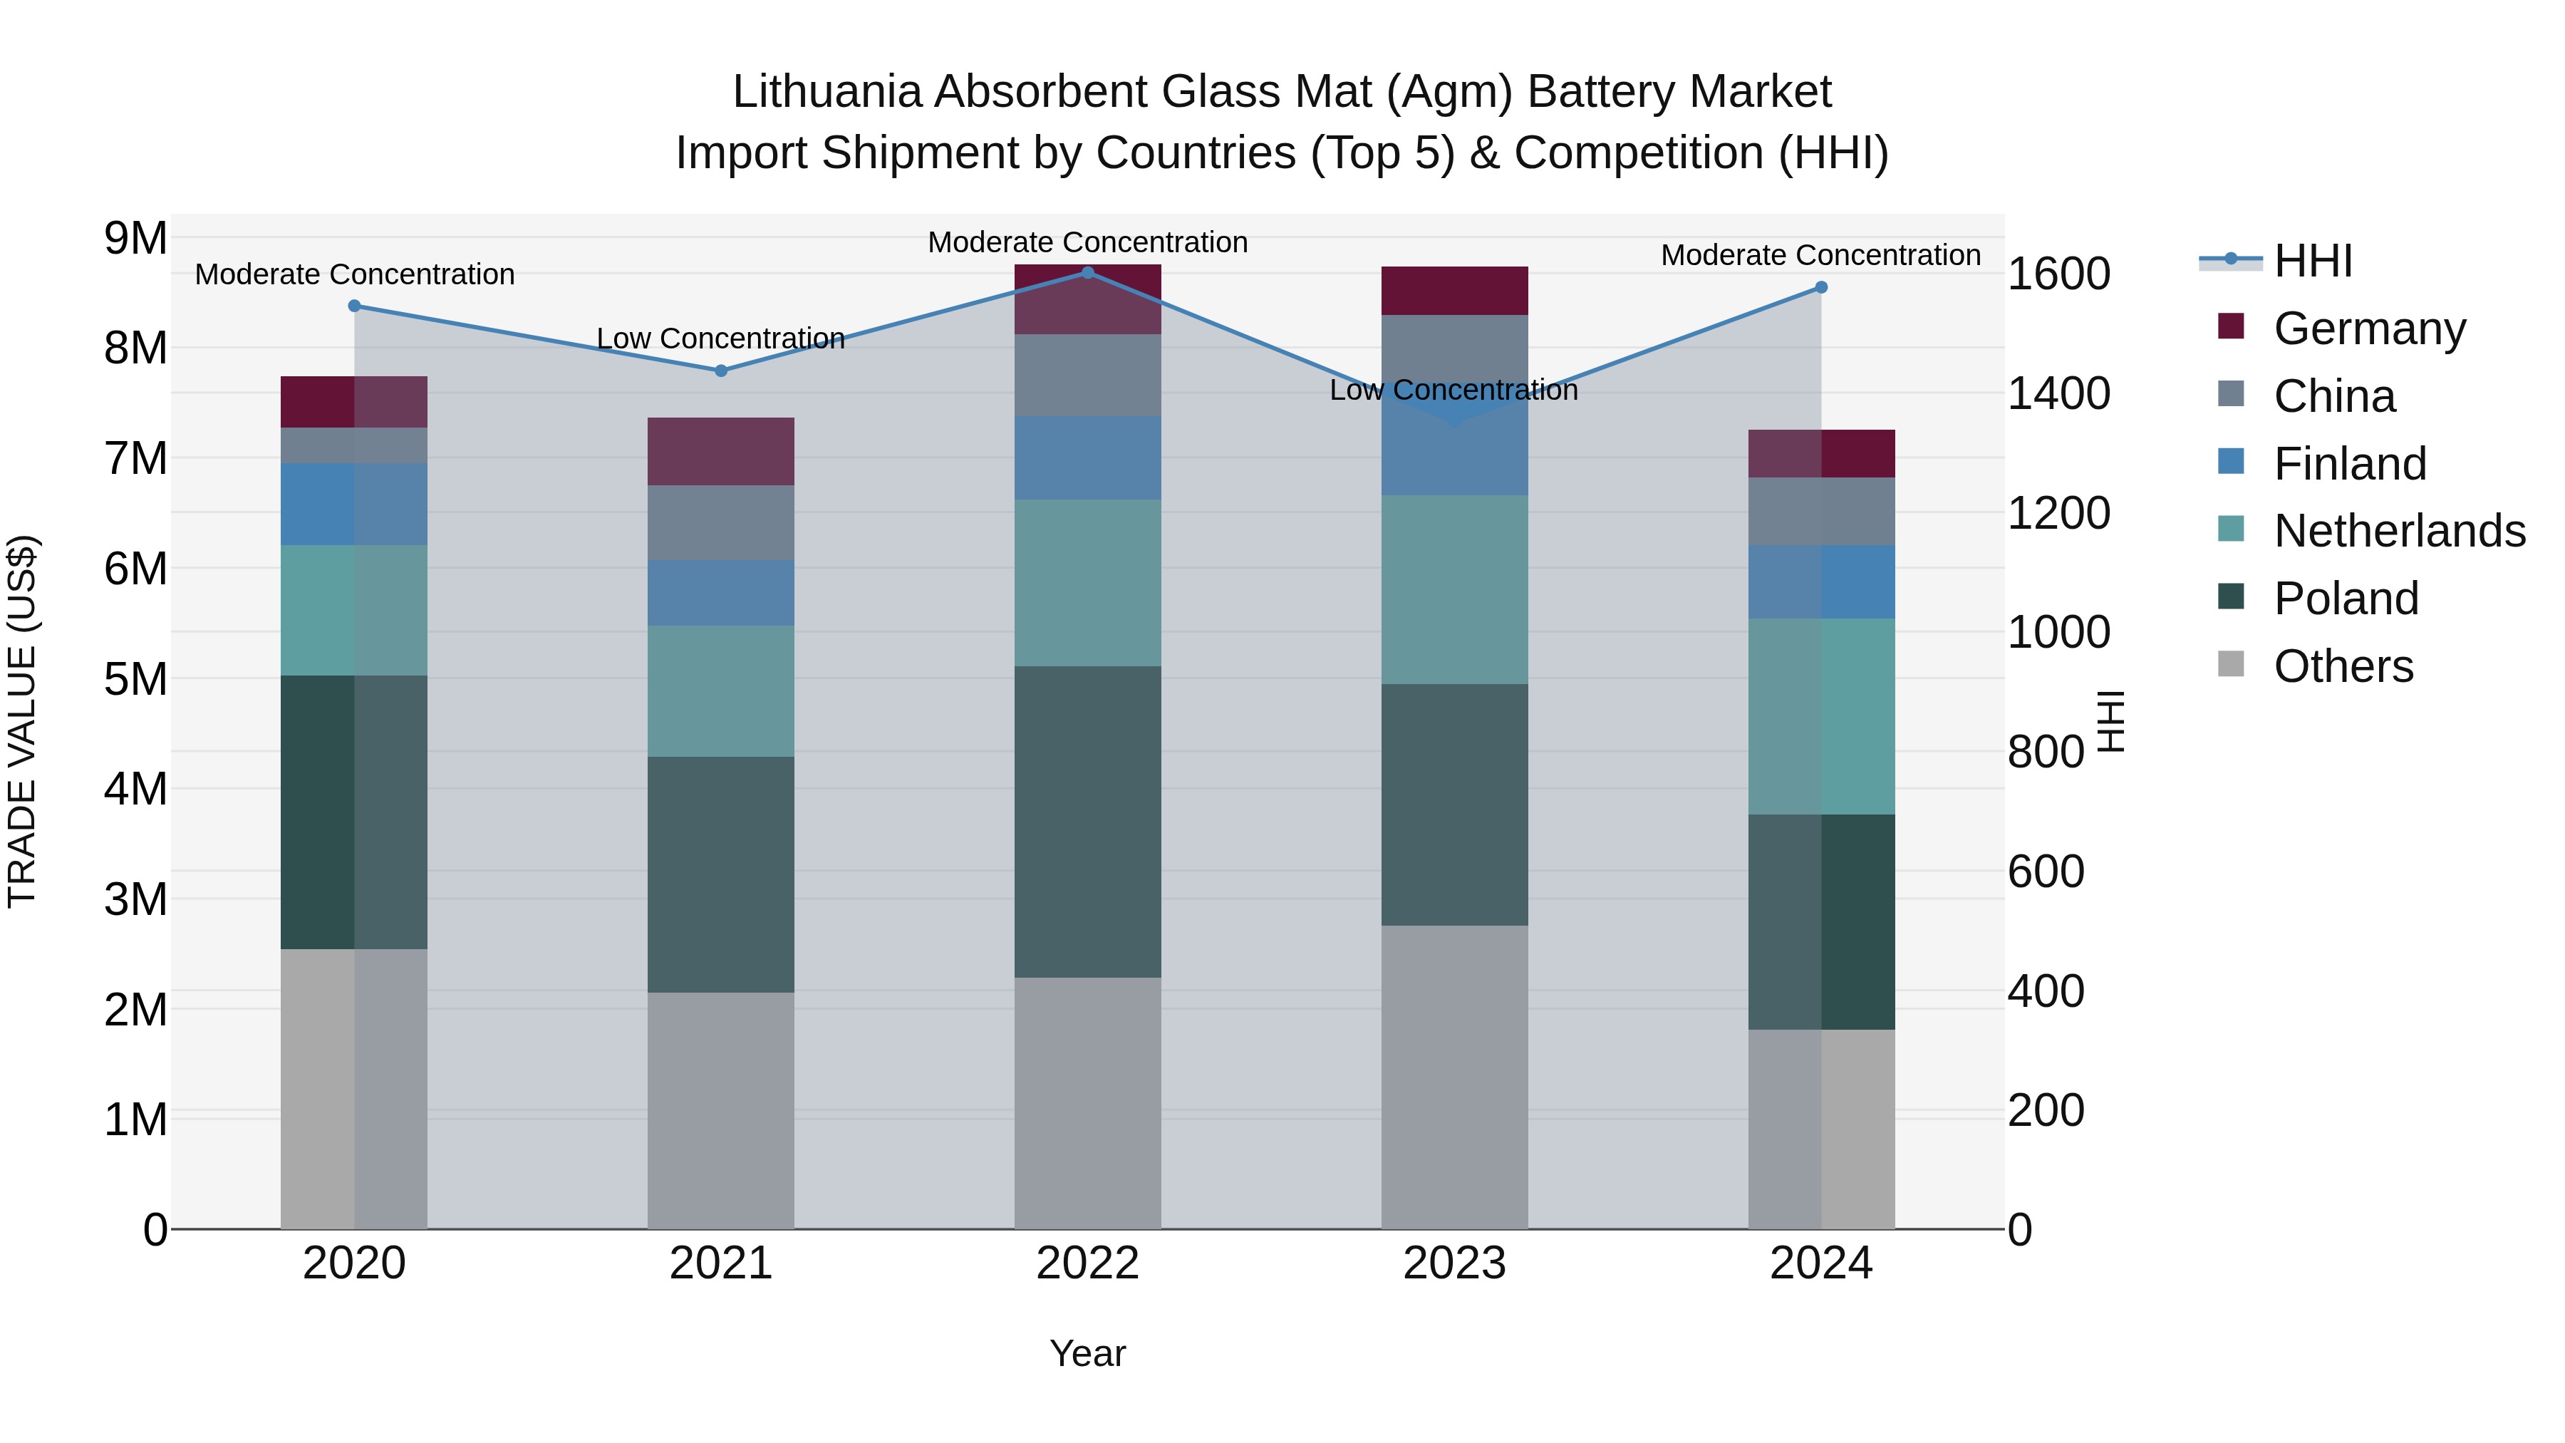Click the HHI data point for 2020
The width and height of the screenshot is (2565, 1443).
(355, 306)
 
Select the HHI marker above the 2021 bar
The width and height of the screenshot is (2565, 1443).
(721, 371)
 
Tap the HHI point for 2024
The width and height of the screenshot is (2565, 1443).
(1821, 286)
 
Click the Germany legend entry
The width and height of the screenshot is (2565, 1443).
(2369, 329)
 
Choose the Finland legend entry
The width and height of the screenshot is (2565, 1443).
(2349, 464)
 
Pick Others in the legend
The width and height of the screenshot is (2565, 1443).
(2343, 666)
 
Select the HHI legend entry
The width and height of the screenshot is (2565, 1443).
(2312, 261)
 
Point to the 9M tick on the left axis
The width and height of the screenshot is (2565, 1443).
(135, 238)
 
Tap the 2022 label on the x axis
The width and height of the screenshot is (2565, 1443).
(1087, 1263)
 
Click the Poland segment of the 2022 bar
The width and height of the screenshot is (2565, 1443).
(1087, 822)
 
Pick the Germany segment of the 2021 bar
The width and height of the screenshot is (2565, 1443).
(721, 451)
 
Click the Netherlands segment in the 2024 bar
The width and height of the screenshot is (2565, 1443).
(1821, 716)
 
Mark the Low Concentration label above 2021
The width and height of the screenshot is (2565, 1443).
(721, 338)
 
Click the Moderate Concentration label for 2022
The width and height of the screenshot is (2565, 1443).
(1087, 242)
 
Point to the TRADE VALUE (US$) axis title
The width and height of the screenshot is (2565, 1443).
(23, 721)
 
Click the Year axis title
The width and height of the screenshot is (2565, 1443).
(1087, 1353)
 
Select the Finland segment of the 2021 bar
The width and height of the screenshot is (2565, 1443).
(721, 593)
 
